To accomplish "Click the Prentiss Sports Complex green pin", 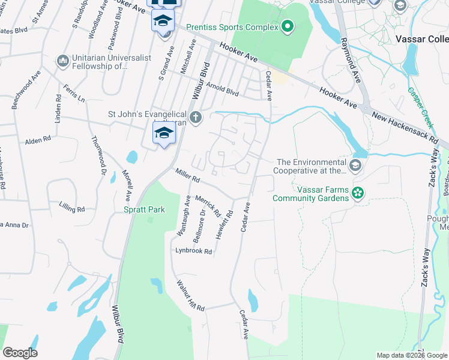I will point(287,26).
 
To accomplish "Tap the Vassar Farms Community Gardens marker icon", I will point(358,193).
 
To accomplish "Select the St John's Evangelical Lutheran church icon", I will point(196,116).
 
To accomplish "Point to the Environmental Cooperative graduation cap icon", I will point(355,166).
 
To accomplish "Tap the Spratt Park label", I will point(139,210).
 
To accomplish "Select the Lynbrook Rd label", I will point(194,251).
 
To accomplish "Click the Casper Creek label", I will point(420,107).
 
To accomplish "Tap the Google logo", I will point(20,353).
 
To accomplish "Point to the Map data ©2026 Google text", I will point(411,355).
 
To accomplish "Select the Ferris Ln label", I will point(74,96).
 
